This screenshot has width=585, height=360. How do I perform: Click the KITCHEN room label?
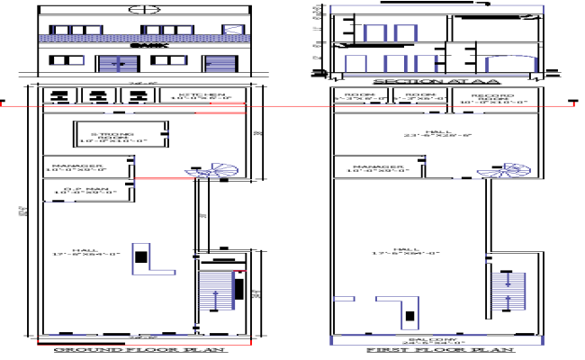coord(201,95)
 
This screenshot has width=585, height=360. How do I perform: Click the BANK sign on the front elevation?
coord(140,45)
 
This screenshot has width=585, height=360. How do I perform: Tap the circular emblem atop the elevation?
coord(140,10)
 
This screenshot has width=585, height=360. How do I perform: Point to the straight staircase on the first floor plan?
coord(508,292)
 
